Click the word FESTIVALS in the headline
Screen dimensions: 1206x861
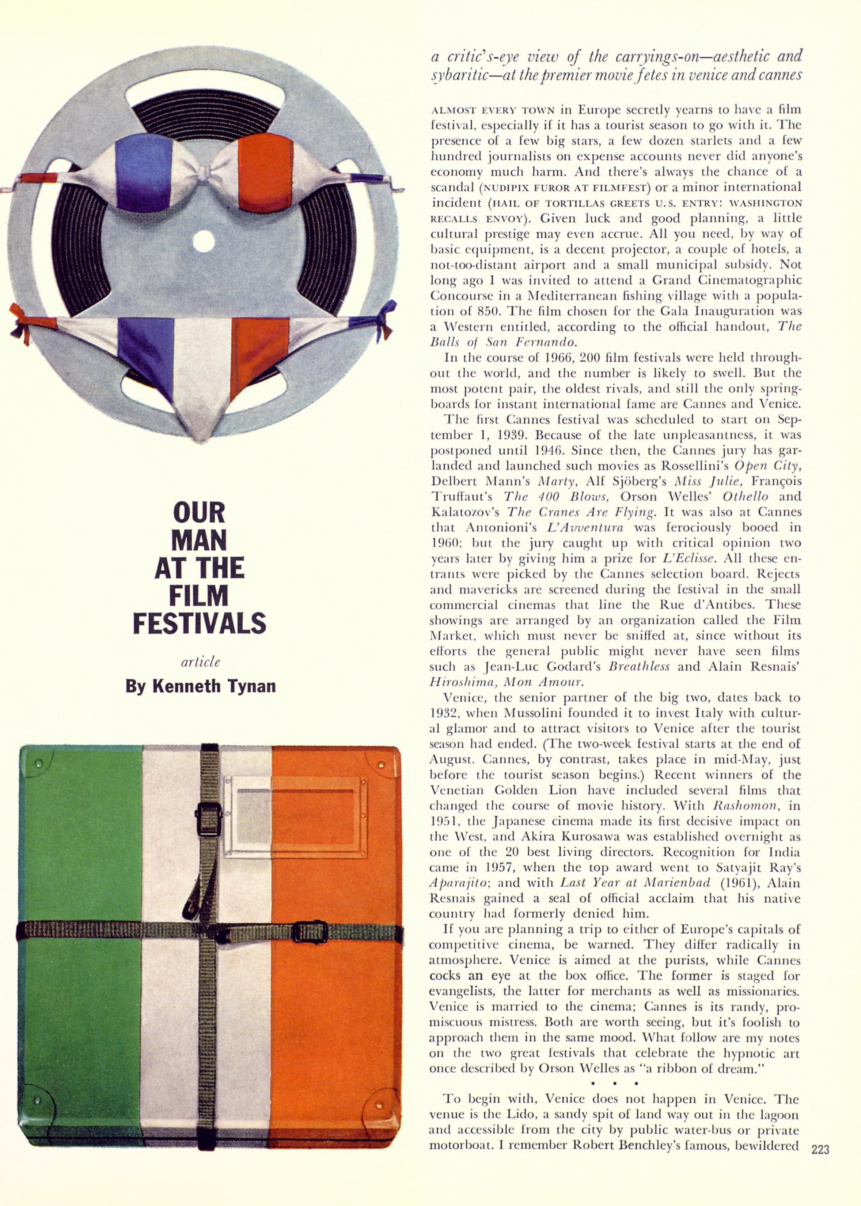199,623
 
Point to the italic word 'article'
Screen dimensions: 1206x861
200,662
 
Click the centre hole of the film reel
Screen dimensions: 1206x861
203,240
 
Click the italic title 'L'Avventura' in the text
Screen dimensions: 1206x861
587,528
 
